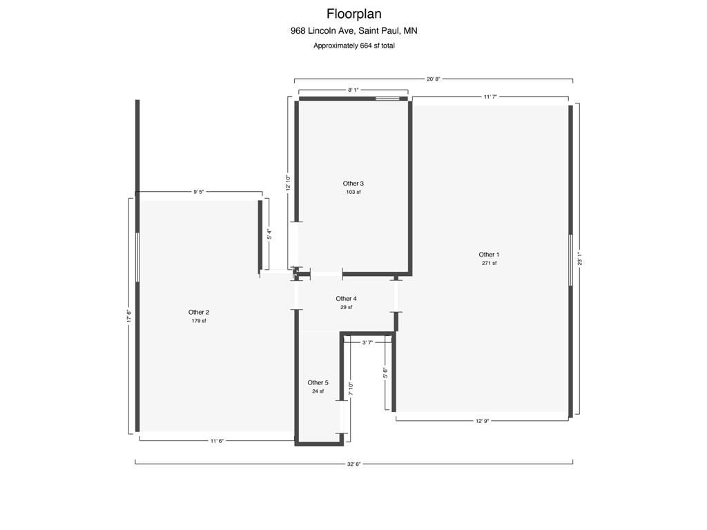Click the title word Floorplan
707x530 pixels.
point(354,14)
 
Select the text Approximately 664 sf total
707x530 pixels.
point(354,46)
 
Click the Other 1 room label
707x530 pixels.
point(489,255)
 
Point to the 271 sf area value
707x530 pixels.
point(489,263)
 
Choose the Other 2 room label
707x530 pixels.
point(198,313)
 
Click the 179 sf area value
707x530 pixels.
point(198,321)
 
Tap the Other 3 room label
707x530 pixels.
point(353,184)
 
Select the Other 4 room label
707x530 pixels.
point(347,299)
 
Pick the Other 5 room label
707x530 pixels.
point(318,382)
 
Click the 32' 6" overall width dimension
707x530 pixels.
point(354,464)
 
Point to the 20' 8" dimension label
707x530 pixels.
point(434,79)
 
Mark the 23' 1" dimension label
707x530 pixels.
point(580,259)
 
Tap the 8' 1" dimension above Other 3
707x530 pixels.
point(353,90)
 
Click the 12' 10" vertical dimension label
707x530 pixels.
point(288,183)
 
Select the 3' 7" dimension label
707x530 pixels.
point(367,342)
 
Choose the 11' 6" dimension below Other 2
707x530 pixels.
point(217,441)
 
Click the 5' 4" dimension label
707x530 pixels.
point(269,235)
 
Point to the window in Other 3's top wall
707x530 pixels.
point(388,99)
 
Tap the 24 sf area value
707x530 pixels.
point(318,391)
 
